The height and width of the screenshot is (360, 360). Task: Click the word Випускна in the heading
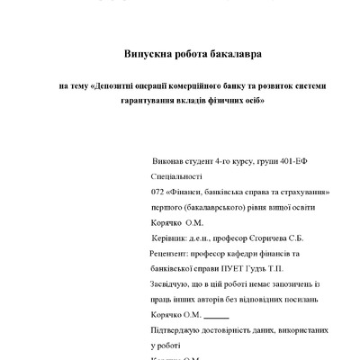point(140,55)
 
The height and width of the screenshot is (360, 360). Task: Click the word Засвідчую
point(176,284)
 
